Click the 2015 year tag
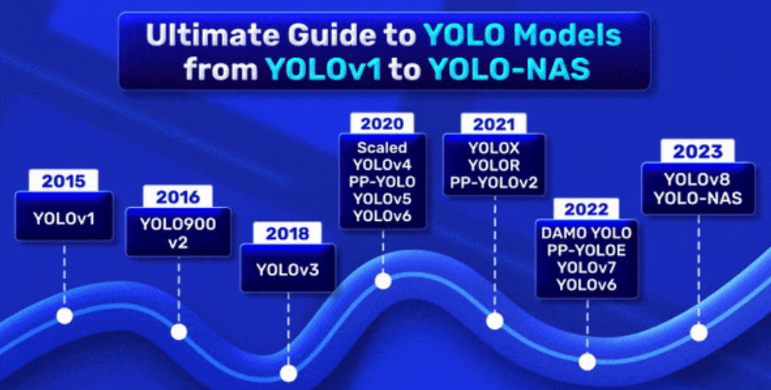point(63,181)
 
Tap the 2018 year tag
point(287,233)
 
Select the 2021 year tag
point(494,124)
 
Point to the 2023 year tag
point(698,152)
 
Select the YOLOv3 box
point(288,269)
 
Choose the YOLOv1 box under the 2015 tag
point(64,216)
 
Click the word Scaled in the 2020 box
point(382,147)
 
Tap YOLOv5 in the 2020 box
point(382,198)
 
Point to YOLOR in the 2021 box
point(494,165)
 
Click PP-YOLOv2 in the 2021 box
point(494,183)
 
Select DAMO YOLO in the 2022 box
point(586,233)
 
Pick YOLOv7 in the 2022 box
point(586,267)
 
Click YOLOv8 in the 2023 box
point(698,179)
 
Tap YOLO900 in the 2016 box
point(178,224)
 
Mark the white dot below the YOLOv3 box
point(288,373)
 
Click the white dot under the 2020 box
point(383,280)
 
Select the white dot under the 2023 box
point(698,333)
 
